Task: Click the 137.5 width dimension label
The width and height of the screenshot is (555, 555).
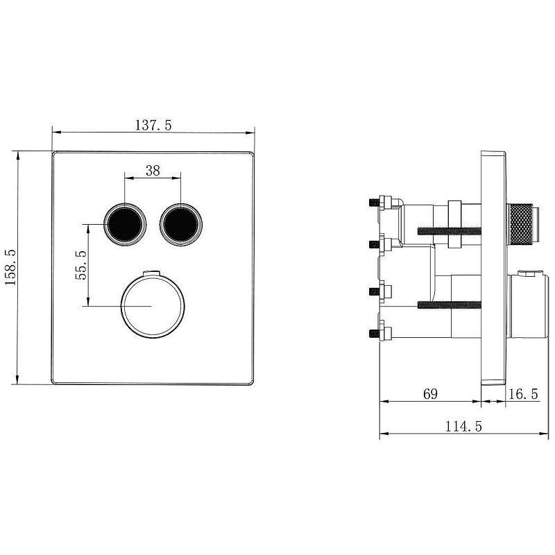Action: click(153, 125)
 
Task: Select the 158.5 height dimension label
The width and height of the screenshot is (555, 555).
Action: click(10, 267)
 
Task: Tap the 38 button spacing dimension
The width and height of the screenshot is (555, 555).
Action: click(153, 171)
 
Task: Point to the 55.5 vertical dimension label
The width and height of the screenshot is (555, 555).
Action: click(80, 265)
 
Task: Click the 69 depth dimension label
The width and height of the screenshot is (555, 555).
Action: click(430, 393)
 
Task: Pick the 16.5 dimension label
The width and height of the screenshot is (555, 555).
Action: click(523, 393)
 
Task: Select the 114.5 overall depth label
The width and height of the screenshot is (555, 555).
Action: click(463, 426)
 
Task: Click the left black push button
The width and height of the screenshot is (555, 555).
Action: click(125, 224)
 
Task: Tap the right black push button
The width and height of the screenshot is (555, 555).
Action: click(181, 224)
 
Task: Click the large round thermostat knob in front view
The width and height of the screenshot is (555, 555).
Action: click(153, 306)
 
